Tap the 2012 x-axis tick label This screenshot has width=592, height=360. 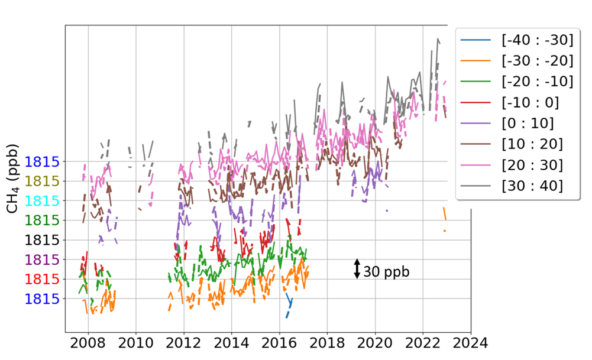[x=184, y=342]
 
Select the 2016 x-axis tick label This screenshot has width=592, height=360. [x=279, y=342]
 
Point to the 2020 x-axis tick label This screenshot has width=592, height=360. [x=375, y=342]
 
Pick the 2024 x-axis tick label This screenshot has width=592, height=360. [x=471, y=342]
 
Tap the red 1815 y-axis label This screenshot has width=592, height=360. [x=43, y=279]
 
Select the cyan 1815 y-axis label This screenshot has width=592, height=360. [x=43, y=200]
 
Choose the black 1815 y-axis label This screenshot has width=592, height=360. [x=43, y=240]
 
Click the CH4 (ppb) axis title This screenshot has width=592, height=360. [x=12, y=177]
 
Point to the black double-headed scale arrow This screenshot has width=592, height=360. [x=357, y=269]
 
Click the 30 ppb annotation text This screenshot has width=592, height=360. [x=386, y=272]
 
